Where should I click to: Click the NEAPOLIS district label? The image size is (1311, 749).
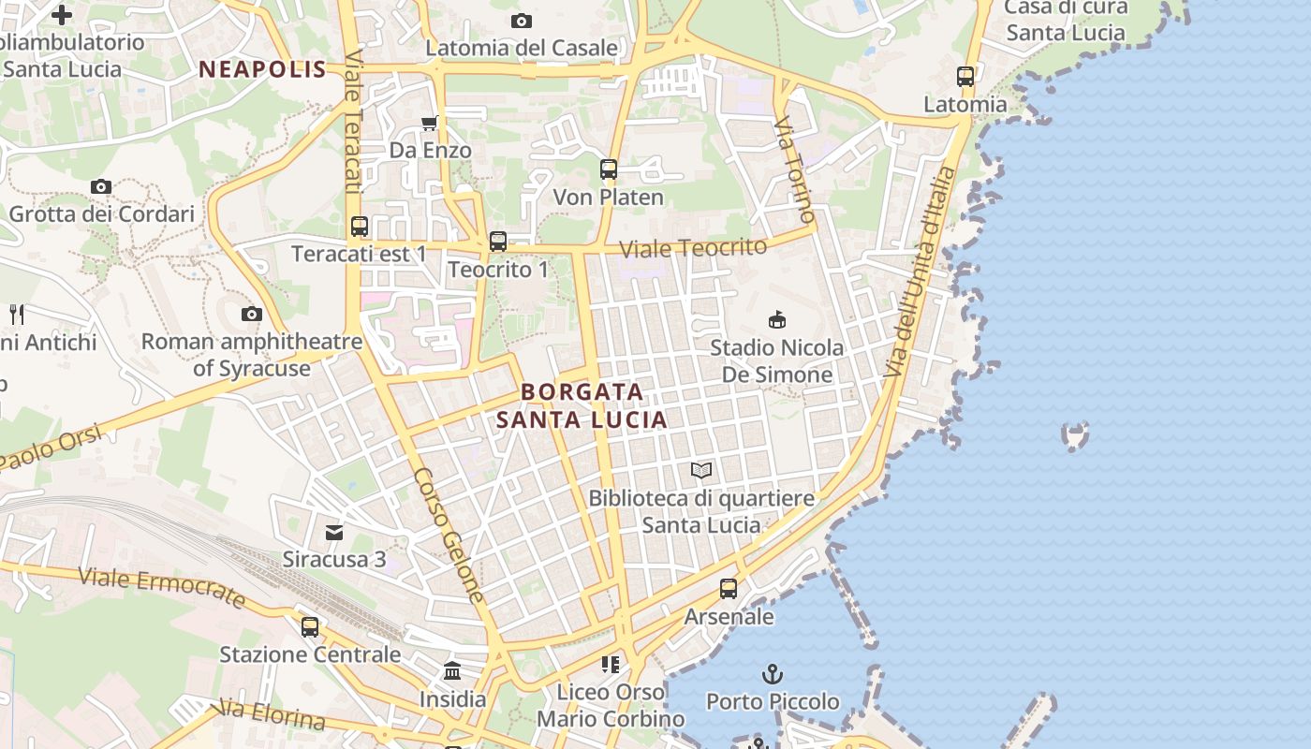262,69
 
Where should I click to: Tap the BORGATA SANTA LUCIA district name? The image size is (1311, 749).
582,405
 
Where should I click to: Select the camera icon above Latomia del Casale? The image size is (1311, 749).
522,21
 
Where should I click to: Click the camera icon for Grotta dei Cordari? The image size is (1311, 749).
101,187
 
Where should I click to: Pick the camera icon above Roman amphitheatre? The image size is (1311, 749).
251,315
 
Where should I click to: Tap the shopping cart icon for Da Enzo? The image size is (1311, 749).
430,124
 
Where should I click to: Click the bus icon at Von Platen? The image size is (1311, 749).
609,169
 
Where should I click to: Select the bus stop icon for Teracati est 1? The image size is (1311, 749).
360,227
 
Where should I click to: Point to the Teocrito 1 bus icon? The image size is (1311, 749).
498,242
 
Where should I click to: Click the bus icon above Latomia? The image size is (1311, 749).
965,77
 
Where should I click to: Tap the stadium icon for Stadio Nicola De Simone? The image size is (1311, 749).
776,320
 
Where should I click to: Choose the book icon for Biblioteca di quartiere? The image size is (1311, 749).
701,470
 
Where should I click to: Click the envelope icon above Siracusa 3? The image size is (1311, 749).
334,533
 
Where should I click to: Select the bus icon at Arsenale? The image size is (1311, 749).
729,589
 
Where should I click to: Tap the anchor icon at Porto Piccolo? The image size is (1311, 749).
773,673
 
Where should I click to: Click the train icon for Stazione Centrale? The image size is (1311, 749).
310,626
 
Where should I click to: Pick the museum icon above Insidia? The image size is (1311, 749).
453,670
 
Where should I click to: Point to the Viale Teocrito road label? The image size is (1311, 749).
693,248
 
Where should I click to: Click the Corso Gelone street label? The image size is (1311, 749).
449,535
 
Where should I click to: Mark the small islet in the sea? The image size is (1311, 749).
1075,434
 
